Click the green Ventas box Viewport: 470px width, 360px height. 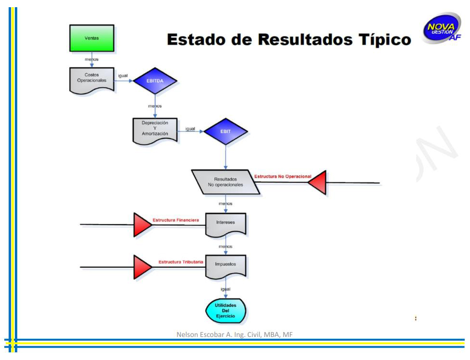click(92, 38)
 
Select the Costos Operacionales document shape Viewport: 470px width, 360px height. click(92, 78)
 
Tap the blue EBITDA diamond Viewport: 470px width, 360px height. click(155, 81)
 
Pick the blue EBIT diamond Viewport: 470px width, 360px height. click(225, 132)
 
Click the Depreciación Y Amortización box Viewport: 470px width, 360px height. click(155, 129)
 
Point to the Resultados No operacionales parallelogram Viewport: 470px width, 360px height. click(225, 182)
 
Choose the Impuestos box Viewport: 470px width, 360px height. click(225, 265)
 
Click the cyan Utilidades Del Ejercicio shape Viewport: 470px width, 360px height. click(225, 311)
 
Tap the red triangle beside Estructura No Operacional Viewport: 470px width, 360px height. click(318, 182)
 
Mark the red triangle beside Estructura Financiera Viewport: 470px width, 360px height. click(141, 225)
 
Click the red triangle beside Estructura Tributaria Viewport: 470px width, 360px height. click(141, 267)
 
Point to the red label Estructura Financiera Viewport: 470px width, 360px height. click(176, 220)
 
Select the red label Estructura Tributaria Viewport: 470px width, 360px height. click(181, 262)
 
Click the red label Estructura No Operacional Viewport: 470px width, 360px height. click(282, 177)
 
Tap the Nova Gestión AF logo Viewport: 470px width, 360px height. click(441, 28)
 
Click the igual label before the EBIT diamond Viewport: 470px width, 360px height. click(190, 129)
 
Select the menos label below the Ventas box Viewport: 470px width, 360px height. click(92, 59)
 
